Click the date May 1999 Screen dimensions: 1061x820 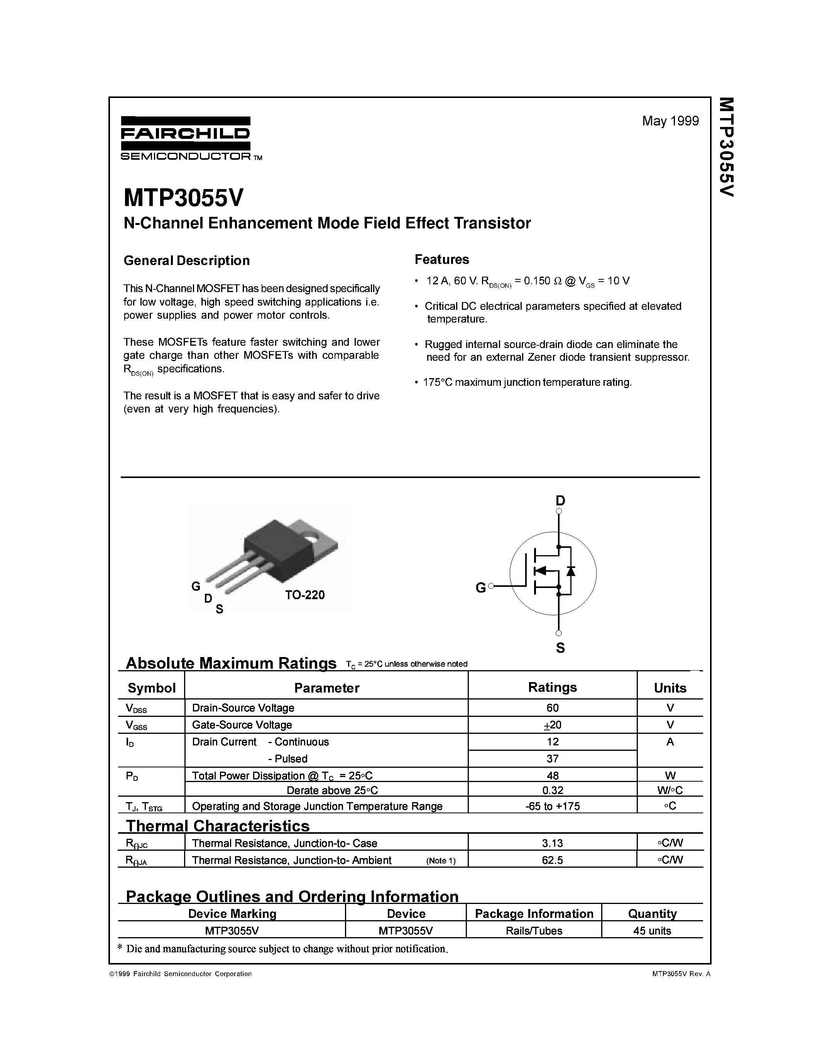click(x=670, y=121)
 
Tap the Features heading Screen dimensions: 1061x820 click(x=441, y=259)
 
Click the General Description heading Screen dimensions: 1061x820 click(x=186, y=260)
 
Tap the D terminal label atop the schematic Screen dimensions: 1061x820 click(x=560, y=500)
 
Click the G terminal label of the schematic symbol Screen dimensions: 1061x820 click(x=480, y=588)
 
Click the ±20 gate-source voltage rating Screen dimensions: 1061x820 click(x=552, y=725)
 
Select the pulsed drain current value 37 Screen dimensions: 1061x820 click(x=552, y=759)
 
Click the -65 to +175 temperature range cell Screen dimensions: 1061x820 click(x=552, y=806)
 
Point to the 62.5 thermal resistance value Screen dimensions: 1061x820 click(x=552, y=860)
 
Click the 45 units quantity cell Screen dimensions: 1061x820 click(x=652, y=931)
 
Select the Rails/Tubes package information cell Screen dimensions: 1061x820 click(x=534, y=931)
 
